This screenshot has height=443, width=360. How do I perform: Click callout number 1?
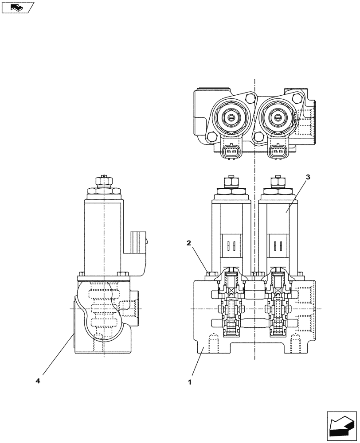pyautogui.click(x=190, y=381)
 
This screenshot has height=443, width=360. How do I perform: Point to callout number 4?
pyautogui.click(x=38, y=381)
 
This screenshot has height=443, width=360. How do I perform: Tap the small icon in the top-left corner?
pyautogui.click(x=18, y=7)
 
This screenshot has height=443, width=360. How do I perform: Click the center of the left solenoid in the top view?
pyautogui.click(x=231, y=117)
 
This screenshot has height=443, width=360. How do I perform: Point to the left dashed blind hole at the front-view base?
pyautogui.click(x=213, y=342)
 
